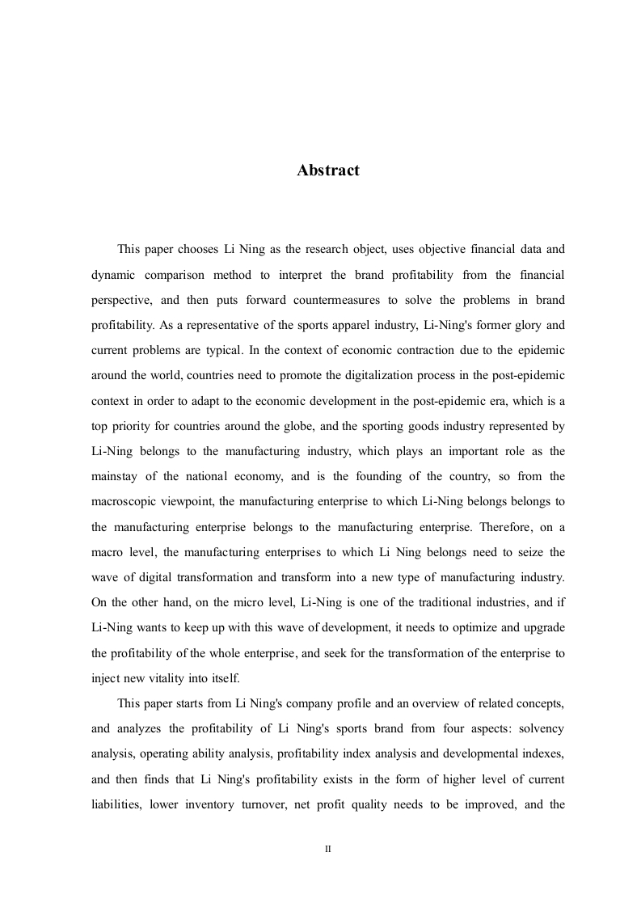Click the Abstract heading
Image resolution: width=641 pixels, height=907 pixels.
[x=327, y=171]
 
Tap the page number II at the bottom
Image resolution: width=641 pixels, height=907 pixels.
[x=328, y=850]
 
